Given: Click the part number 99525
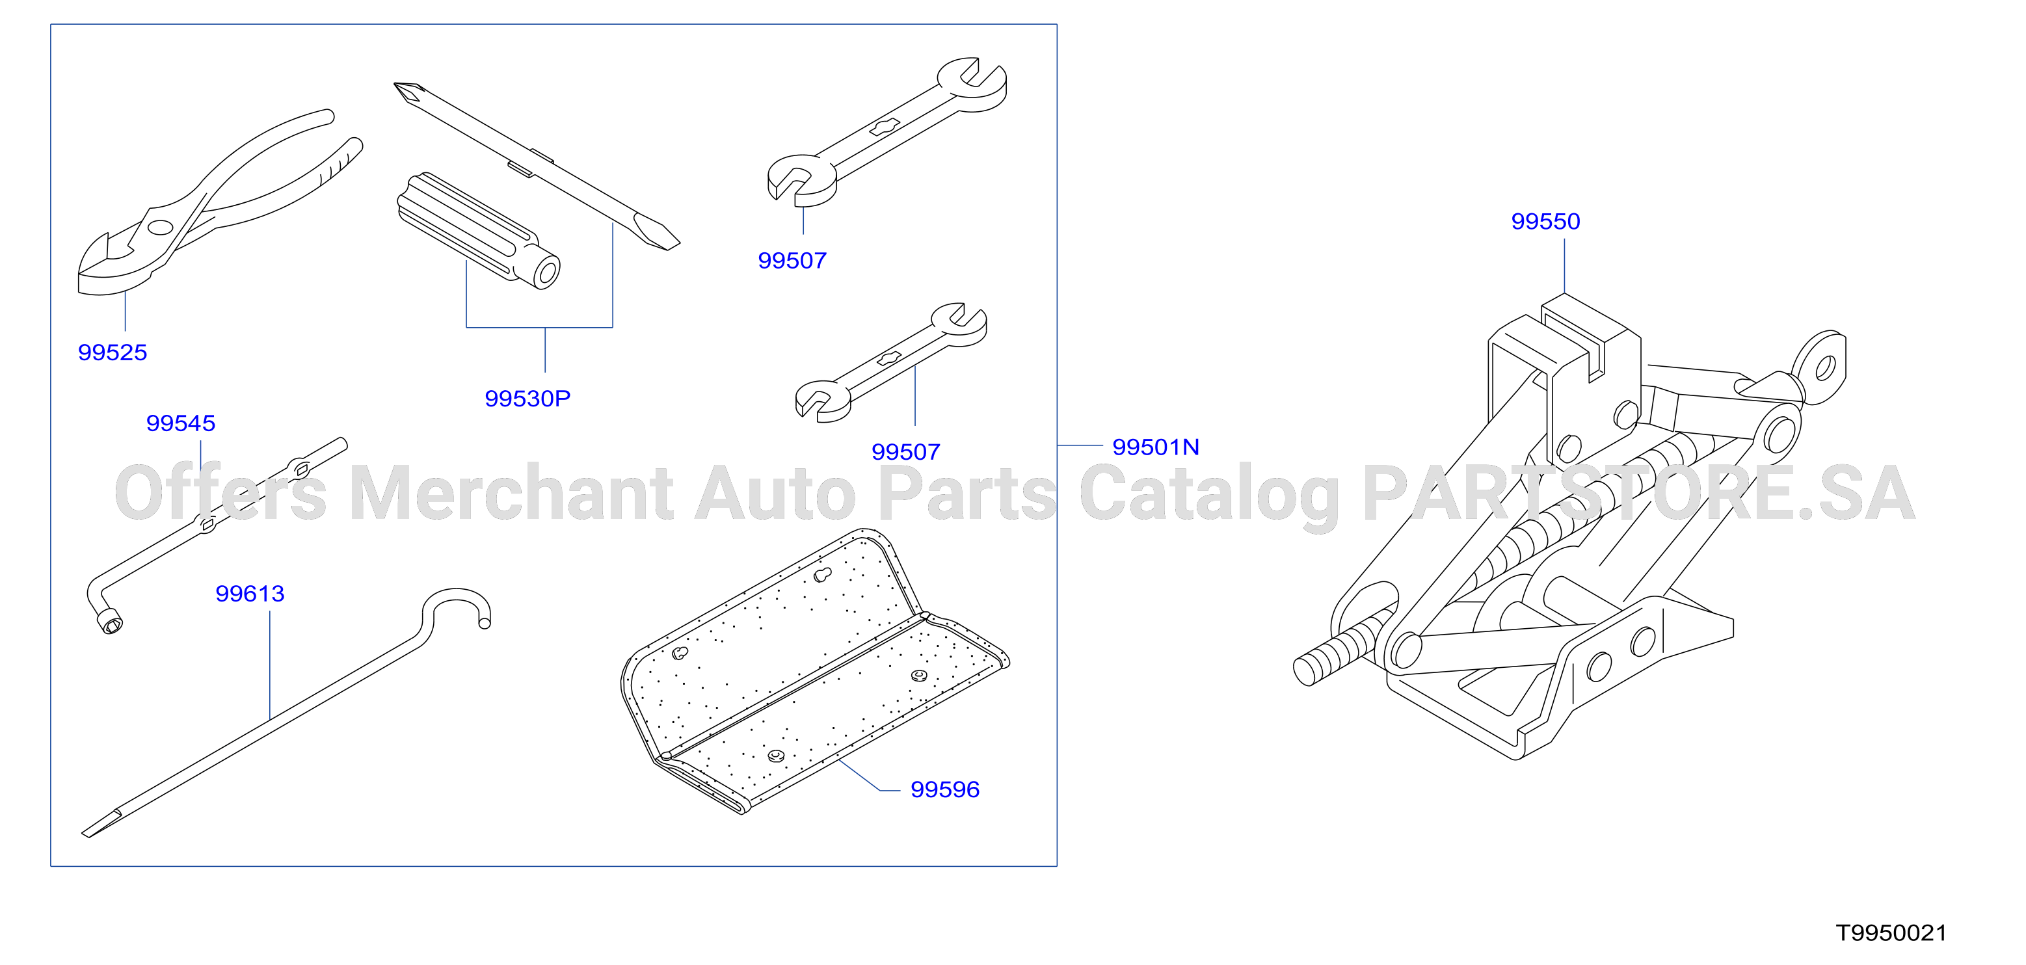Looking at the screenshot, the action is click(113, 352).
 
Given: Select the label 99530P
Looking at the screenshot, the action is click(527, 399).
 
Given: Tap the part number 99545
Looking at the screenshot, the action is click(181, 423).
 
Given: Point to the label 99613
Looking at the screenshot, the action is click(250, 594).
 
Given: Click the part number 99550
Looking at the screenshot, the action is click(1545, 222).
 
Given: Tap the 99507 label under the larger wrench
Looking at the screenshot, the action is click(792, 261).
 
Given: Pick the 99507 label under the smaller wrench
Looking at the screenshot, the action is click(906, 452).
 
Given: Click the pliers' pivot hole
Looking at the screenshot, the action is click(159, 228).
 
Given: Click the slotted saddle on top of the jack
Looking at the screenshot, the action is click(1590, 338).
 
